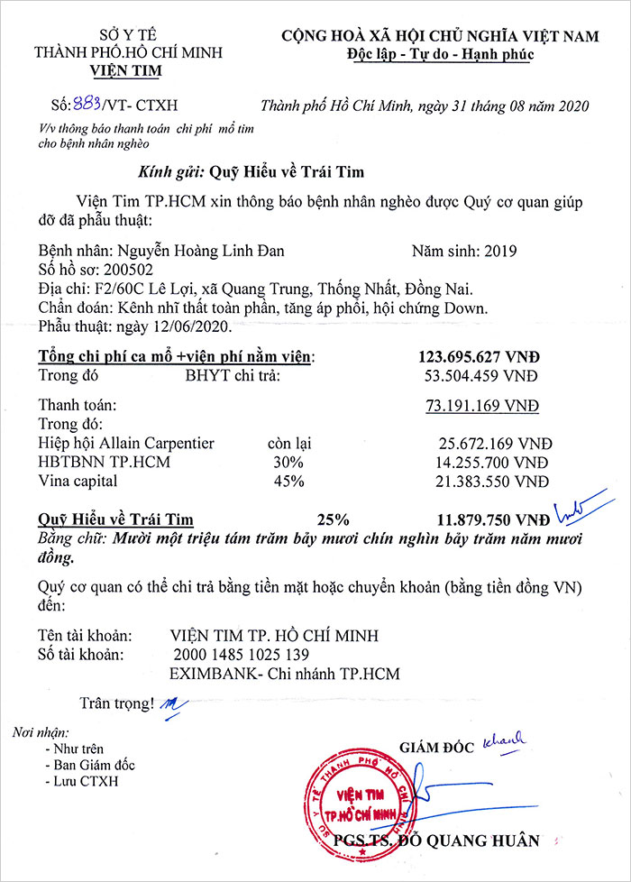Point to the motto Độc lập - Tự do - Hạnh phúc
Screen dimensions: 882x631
pyautogui.click(x=440, y=55)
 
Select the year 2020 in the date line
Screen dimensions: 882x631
pyautogui.click(x=572, y=106)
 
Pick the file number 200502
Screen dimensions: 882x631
pyautogui.click(x=129, y=270)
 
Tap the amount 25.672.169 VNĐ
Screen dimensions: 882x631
pyautogui.click(x=493, y=444)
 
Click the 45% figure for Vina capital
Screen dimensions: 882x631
pyautogui.click(x=291, y=482)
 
